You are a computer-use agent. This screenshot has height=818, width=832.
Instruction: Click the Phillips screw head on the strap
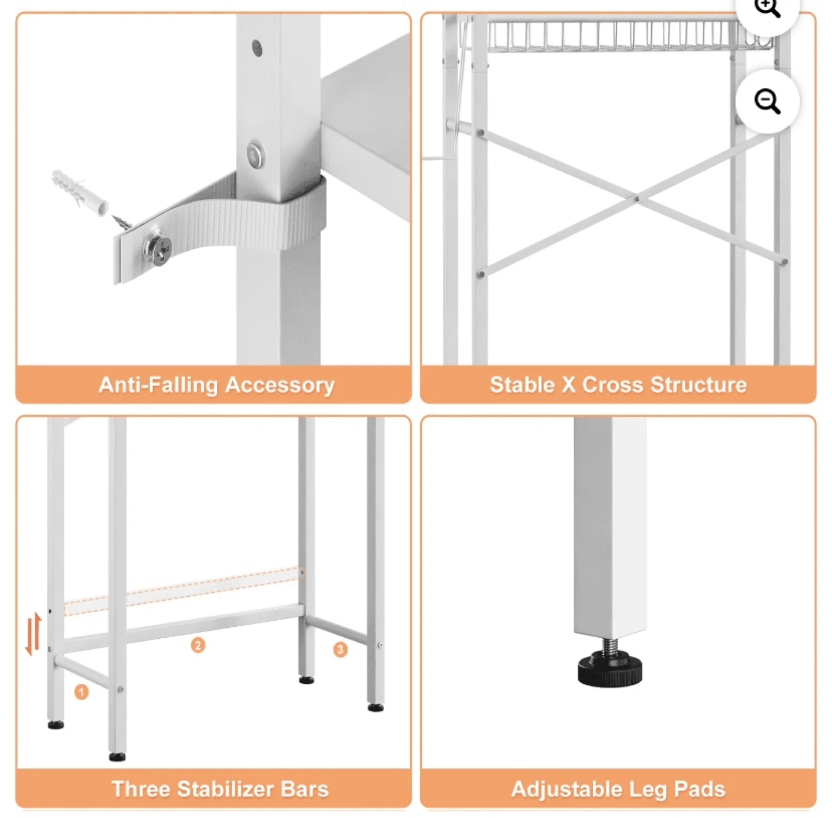tap(159, 251)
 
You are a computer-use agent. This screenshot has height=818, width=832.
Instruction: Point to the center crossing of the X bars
tap(636, 199)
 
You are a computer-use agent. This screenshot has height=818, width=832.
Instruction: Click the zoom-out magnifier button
tap(767, 102)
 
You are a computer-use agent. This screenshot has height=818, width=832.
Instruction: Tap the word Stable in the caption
tap(522, 384)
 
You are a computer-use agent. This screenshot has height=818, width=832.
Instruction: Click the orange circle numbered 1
tap(81, 692)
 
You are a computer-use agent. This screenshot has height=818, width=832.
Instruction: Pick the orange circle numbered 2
tap(198, 645)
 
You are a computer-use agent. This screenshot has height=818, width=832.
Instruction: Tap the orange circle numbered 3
tap(340, 649)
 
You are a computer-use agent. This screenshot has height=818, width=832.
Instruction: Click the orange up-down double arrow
tap(34, 634)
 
